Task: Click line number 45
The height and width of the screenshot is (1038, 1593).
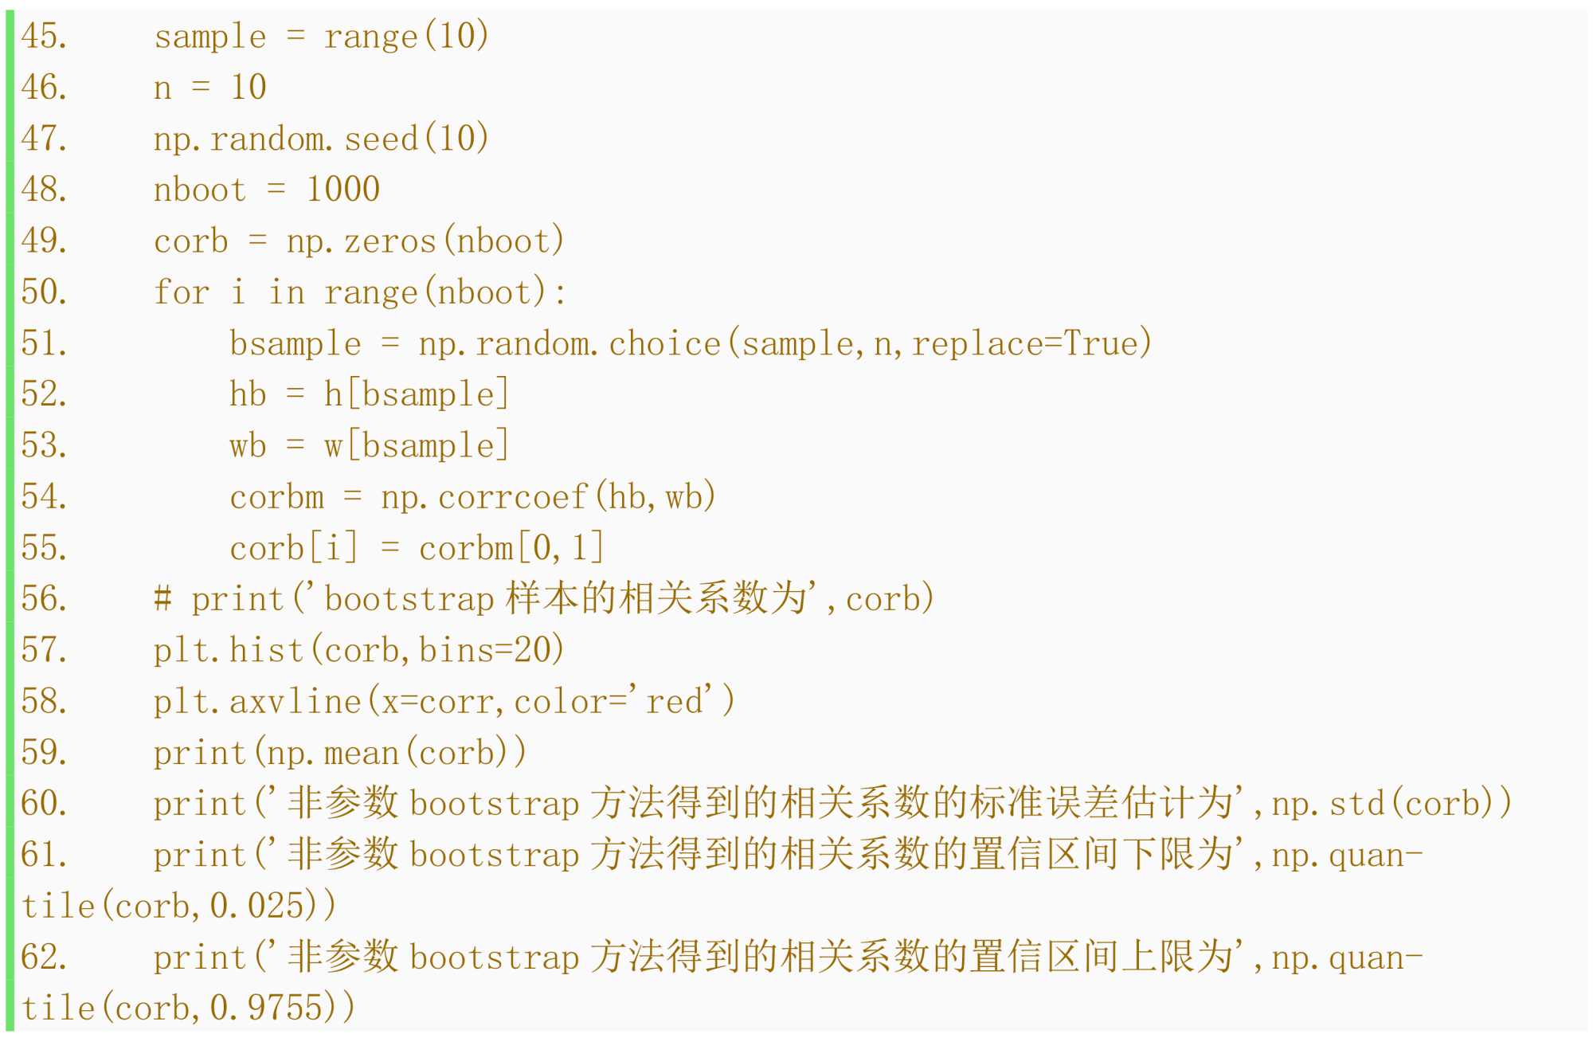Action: coord(44,37)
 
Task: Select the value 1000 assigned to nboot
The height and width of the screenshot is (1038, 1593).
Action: coord(343,190)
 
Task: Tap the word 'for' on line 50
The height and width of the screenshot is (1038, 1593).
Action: coord(181,292)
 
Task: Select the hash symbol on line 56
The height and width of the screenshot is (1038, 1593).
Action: coord(162,599)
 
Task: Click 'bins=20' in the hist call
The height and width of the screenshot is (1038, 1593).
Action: coord(491,650)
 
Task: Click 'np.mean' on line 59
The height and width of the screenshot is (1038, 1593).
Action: coord(332,753)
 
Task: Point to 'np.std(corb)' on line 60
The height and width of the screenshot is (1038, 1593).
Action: coord(1391,803)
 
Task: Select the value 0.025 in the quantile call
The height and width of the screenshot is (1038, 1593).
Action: coord(256,906)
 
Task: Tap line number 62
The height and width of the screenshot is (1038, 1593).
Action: coord(44,957)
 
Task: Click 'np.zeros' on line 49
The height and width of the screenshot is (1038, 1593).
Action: coord(361,241)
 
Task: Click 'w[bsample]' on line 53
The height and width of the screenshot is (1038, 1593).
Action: coord(416,446)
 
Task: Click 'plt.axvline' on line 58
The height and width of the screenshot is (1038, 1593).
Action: coord(257,702)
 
